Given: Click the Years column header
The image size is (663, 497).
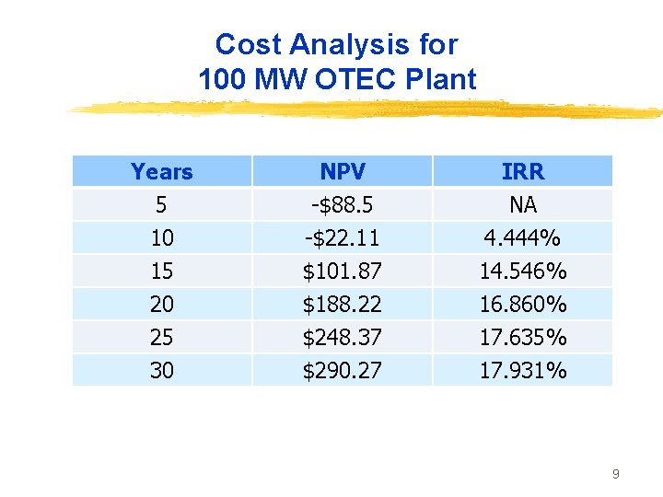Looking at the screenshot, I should [162, 172].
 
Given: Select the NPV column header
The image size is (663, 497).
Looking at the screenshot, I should [342, 172].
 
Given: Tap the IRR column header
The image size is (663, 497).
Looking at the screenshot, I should [522, 172].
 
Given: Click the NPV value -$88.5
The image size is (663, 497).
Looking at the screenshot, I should [342, 204].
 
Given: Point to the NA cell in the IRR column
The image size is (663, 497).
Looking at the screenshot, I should [522, 204].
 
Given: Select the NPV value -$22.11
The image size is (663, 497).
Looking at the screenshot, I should [342, 237].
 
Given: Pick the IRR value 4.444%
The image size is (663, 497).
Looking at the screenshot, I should [522, 237].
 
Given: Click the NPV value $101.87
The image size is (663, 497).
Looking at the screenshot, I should [342, 272].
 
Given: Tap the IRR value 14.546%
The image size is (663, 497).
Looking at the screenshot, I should [522, 272].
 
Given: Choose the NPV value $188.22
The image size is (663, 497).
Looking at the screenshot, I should [342, 305].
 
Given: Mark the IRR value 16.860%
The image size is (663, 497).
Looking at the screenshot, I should [522, 305].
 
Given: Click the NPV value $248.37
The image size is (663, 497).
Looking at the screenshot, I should [342, 338].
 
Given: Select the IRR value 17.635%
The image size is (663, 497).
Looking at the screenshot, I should [522, 338].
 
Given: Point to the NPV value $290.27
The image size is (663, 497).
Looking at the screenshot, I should [342, 371].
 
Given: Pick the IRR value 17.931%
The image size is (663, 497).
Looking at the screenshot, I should [522, 371].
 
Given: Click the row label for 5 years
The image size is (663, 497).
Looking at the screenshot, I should [162, 204].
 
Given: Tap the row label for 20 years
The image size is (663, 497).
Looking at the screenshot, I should [162, 305].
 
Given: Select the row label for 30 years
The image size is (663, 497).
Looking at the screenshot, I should [162, 371].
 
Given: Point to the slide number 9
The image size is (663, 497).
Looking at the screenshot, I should [615, 474].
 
